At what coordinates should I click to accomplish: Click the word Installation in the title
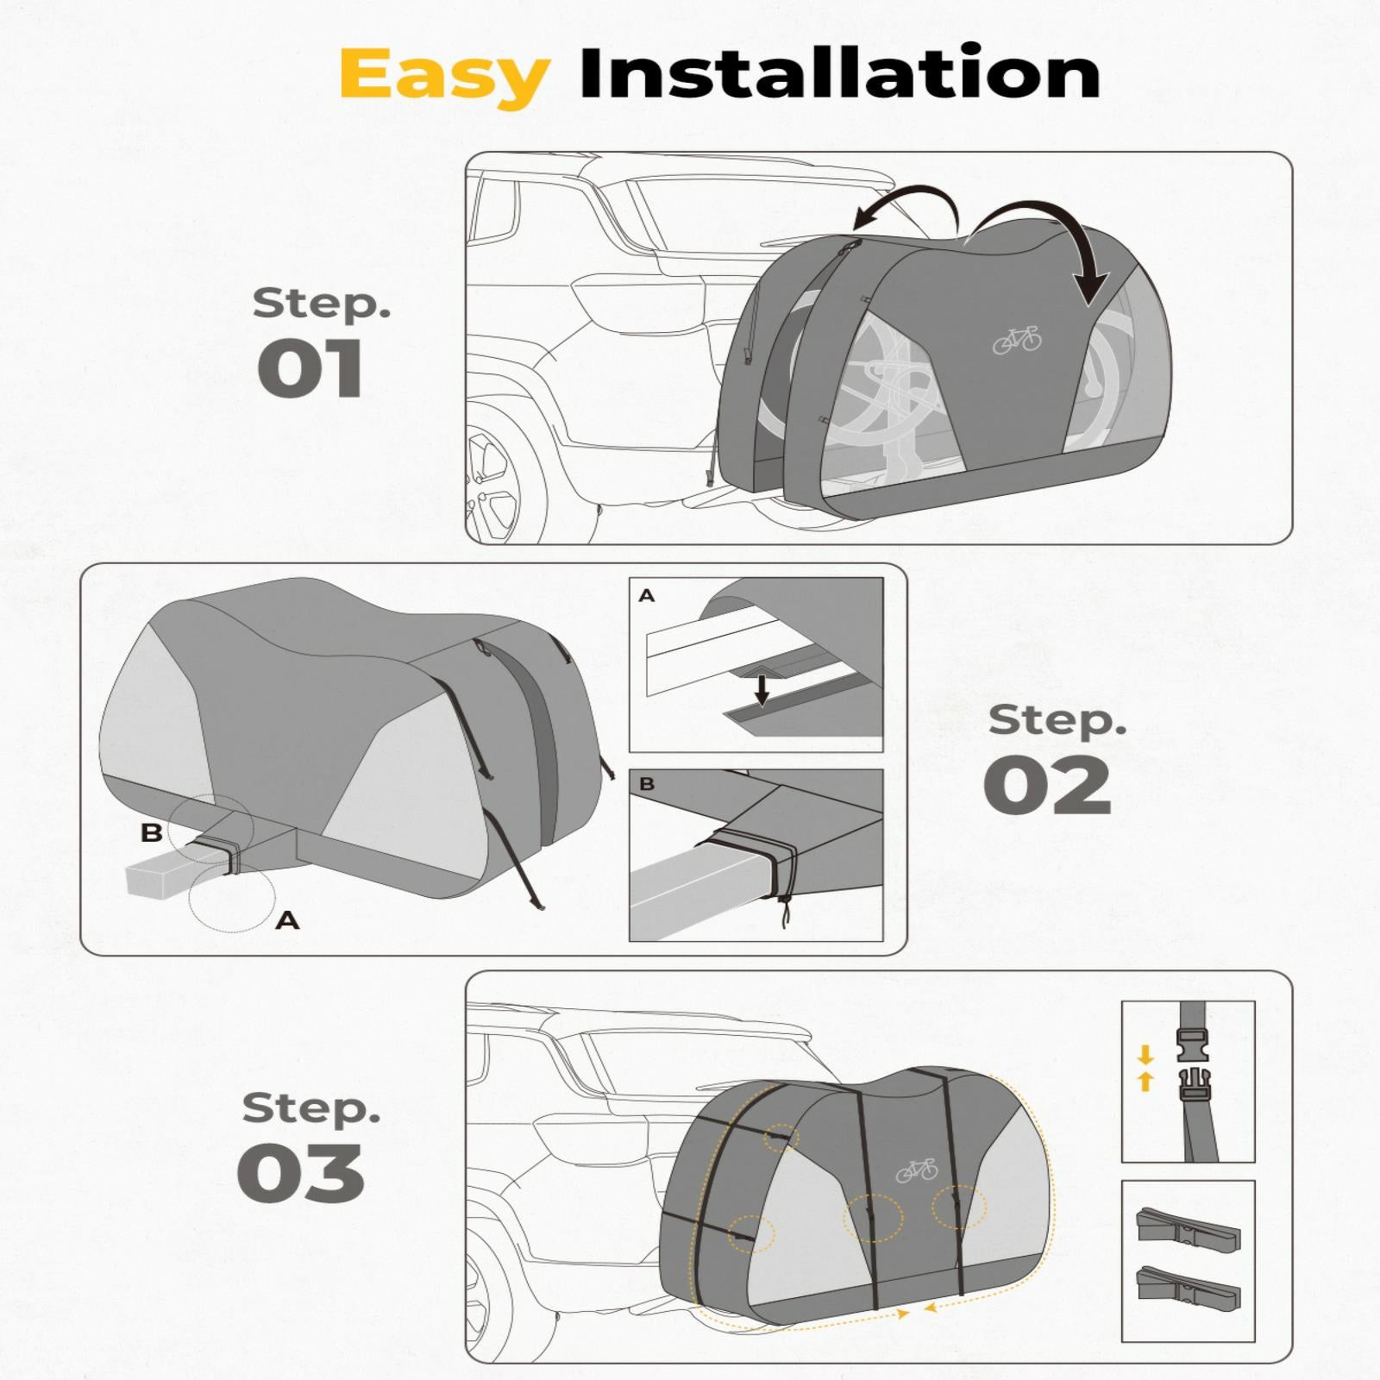[x=840, y=72]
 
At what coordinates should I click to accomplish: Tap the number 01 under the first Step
[x=310, y=368]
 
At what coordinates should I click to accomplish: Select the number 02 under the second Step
[x=1048, y=785]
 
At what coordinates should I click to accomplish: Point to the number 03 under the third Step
[x=300, y=1173]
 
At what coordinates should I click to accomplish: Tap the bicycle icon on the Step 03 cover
[x=916, y=1170]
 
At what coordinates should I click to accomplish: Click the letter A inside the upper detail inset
[x=647, y=595]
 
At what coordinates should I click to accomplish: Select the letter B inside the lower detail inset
[x=647, y=784]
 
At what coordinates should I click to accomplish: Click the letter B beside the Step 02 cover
[x=151, y=833]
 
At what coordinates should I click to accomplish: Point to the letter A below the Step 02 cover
[x=287, y=921]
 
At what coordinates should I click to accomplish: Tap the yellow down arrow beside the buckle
[x=1145, y=1055]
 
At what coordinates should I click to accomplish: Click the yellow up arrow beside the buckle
[x=1145, y=1082]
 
